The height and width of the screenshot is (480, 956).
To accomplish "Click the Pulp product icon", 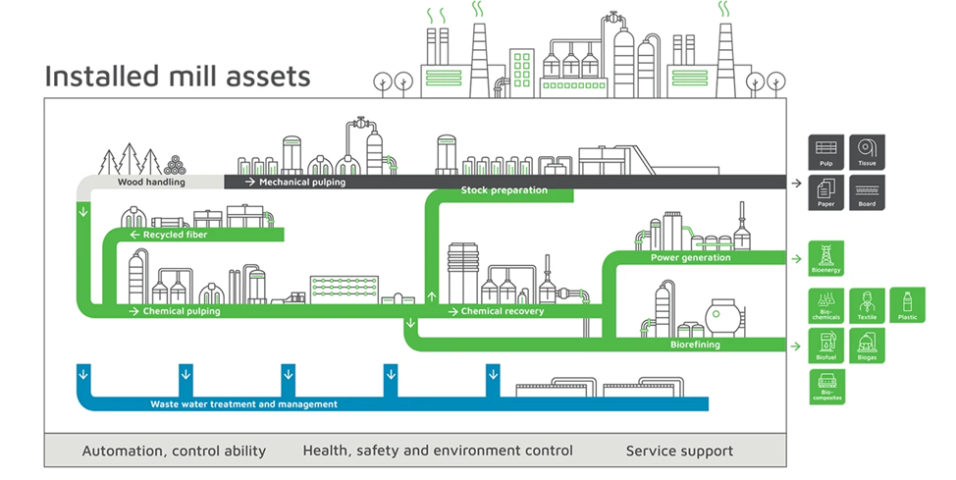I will (826, 152).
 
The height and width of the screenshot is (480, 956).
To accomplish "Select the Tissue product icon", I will (867, 152).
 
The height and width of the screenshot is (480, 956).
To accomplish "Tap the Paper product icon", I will (826, 192).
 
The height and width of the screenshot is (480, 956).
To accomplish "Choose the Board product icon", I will (867, 192).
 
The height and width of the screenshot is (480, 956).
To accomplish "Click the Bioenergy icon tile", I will (826, 259).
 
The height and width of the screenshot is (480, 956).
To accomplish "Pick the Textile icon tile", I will (867, 305).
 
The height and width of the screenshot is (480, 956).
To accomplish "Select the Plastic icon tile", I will (906, 305).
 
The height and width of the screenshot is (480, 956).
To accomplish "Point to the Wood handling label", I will (151, 182).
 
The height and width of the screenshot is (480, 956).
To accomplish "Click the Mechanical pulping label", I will (301, 182).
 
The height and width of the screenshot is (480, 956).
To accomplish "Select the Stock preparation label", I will (505, 190).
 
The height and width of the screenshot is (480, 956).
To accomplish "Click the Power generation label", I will (690, 258).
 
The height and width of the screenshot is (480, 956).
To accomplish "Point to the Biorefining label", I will (695, 345).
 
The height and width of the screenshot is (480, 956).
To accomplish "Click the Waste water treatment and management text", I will (243, 403).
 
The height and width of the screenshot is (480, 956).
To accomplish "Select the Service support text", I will (679, 452).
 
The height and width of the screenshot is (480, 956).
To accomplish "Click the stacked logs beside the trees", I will (175, 165).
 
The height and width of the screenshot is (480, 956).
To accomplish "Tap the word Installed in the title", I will (91, 77).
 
